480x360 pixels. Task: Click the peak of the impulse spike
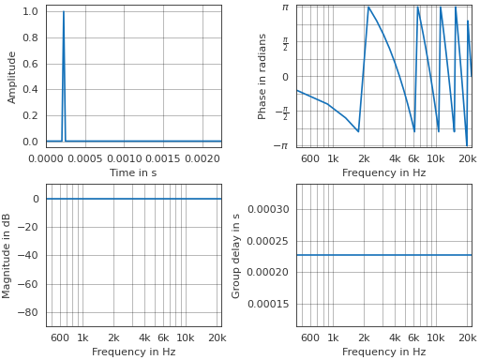tap(64, 12)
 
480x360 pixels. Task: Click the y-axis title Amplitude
tap(12, 77)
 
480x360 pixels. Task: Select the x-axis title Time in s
tap(133, 172)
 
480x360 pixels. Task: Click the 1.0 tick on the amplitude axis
tap(29, 12)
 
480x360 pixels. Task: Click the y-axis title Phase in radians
tap(262, 77)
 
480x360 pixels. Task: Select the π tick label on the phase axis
tap(285, 7)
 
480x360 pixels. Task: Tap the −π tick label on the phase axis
tap(280, 146)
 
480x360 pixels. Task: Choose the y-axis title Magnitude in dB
tap(7, 255)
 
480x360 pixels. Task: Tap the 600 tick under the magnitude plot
tap(60, 337)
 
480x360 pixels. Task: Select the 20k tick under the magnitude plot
tap(217, 337)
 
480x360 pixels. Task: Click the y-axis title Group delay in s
tap(236, 255)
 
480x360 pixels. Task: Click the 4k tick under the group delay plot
tap(395, 337)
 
